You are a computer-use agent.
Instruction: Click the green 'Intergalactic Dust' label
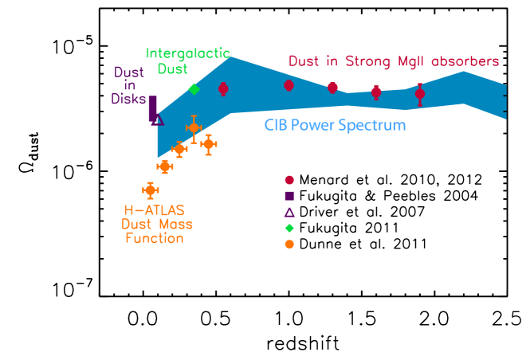(188, 61)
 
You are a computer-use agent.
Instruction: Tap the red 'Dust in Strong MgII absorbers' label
(394, 61)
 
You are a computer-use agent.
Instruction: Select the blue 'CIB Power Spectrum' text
(335, 126)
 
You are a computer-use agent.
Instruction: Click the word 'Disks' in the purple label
(128, 99)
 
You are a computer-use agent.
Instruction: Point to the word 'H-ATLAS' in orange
(154, 211)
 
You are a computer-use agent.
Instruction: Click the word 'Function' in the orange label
(155, 238)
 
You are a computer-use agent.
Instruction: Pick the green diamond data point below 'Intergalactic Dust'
(194, 88)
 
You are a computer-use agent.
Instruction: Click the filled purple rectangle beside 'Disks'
(152, 108)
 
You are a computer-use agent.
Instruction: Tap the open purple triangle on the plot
(158, 119)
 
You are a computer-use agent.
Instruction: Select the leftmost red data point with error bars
(223, 88)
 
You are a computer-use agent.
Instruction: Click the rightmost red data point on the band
(420, 94)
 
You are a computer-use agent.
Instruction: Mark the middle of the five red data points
(332, 88)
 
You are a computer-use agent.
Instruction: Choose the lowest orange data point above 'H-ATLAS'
(150, 190)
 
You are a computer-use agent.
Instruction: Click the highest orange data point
(194, 127)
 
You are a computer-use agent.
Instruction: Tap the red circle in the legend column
(289, 180)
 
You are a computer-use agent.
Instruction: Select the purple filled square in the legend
(289, 196)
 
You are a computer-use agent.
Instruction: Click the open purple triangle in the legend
(289, 212)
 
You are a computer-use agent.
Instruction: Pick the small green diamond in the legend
(289, 228)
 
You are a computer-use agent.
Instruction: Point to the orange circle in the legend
(289, 245)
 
